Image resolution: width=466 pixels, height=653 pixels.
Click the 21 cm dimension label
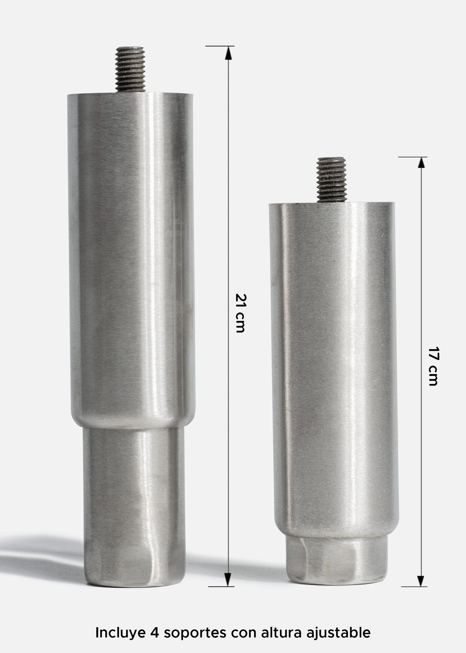(x=240, y=313)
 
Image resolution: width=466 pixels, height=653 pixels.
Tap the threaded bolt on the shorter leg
(x=331, y=180)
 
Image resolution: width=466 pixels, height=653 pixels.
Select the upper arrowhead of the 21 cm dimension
(x=228, y=53)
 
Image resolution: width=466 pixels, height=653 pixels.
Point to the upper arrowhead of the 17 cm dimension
(x=421, y=164)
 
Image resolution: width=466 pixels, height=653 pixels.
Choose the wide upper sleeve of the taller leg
(x=130, y=249)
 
